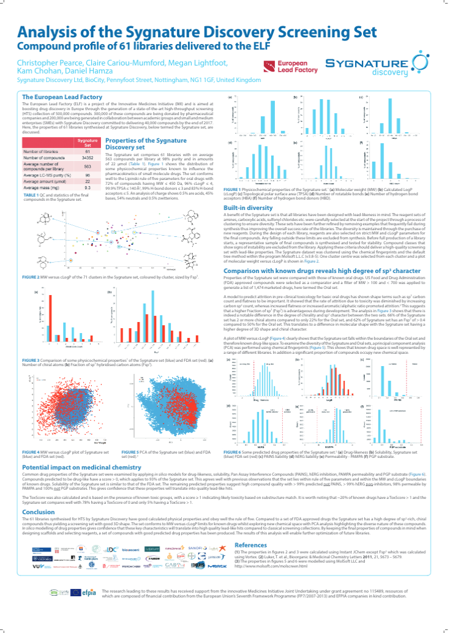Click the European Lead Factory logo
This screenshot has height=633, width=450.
(281, 68)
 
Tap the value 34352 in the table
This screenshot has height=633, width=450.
(88, 157)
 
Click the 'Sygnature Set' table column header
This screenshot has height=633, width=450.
(88, 143)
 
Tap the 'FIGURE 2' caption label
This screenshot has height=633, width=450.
(31, 277)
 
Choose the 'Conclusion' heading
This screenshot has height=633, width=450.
(39, 512)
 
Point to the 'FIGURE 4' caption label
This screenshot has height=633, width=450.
(31, 451)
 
